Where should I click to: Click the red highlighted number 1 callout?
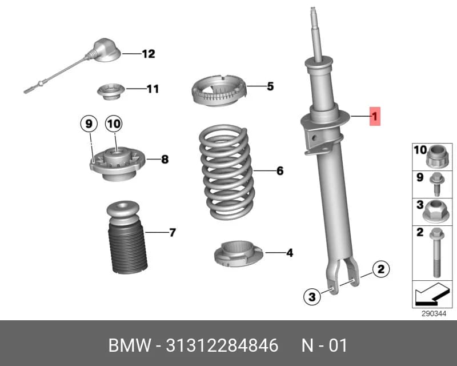coord(375,116)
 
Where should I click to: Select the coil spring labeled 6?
coord(226,172)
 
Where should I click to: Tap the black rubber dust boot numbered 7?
coord(127,237)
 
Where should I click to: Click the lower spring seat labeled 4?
coord(238,254)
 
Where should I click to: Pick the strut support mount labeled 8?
coord(117,164)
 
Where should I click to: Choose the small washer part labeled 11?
coord(111,91)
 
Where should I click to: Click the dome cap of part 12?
coord(106,50)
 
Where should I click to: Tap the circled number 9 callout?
coord(89,124)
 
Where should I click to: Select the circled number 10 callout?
coord(114,124)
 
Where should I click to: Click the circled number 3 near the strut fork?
coord(312,297)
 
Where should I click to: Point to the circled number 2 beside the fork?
coord(380,269)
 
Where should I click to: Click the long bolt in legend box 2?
coord(436,253)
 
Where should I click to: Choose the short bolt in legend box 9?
coord(436,184)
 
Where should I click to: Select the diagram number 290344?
coord(434,314)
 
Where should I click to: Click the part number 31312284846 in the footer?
coord(222,345)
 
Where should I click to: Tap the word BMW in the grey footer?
coord(130,345)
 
